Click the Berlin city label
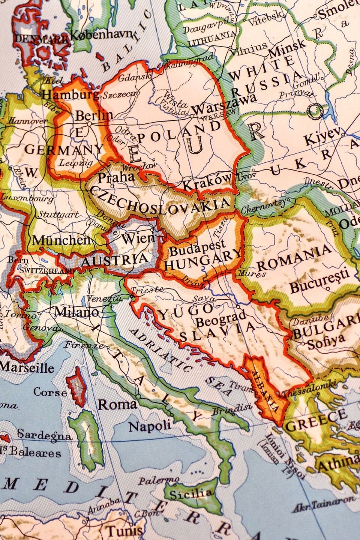coord(94,115)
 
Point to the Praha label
coord(116,177)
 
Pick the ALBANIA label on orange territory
coord(265,390)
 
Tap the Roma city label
coord(117,404)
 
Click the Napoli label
coord(150,426)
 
